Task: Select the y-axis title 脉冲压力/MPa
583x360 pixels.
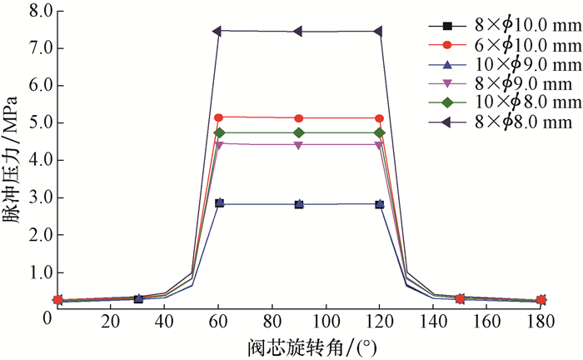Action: coord(12,158)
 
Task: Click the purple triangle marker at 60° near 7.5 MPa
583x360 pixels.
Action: coord(217,31)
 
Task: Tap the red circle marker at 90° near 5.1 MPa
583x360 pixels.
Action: coord(299,118)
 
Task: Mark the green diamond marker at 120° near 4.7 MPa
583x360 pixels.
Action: coord(380,132)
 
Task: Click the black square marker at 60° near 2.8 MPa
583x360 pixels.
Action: coord(219,203)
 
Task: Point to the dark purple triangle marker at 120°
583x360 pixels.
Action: coord(378,32)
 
